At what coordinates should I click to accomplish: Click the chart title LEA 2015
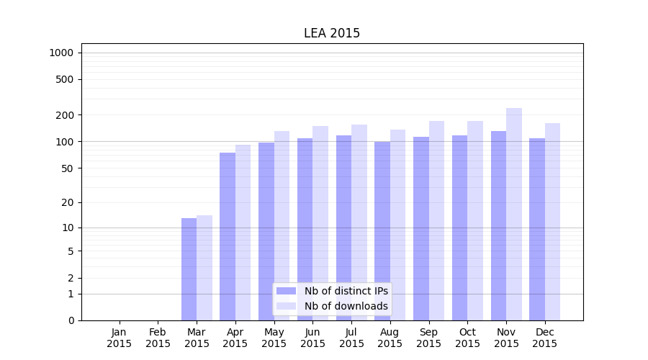331,33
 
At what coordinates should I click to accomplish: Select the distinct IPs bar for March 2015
189,269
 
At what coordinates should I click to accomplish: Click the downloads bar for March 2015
204,268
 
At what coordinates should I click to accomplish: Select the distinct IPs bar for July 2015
343,228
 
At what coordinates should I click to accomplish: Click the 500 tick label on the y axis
64,79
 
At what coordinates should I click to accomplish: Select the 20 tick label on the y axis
67,202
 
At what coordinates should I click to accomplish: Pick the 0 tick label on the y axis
71,320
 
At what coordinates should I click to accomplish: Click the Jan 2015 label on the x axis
120,338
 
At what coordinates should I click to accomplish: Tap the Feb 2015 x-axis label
158,338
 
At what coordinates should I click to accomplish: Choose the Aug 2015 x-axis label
390,338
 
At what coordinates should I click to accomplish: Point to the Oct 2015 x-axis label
467,338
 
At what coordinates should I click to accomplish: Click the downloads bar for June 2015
320,223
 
